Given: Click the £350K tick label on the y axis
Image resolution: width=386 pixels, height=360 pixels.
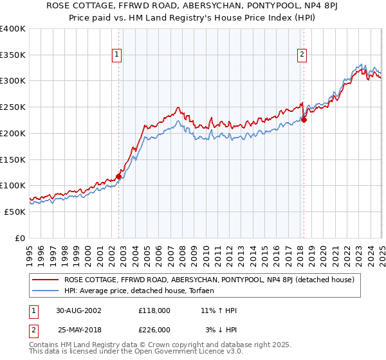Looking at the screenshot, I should tap(12, 55).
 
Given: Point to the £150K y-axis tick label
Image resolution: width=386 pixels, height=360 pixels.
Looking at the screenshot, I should tap(12, 159).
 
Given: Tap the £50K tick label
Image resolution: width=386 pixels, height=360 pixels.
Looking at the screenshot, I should tap(15, 212).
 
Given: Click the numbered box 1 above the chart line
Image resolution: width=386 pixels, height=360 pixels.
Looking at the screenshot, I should tap(117, 55).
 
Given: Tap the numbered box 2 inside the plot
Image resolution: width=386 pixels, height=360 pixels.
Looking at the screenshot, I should tap(302, 55).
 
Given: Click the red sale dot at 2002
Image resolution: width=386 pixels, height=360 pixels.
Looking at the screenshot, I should tap(119, 176).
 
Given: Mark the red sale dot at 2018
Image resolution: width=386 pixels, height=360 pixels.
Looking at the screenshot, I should tap(304, 120).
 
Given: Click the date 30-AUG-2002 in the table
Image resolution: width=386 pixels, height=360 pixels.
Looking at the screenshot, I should tap(78, 310).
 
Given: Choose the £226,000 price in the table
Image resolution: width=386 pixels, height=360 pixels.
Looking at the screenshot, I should tap(154, 330).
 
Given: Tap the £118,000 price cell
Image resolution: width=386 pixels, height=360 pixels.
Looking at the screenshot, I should tap(154, 310).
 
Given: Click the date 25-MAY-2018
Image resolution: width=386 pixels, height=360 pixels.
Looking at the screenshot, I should tap(78, 330).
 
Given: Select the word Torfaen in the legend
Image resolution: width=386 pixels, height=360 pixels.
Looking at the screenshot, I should tap(207, 291).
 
